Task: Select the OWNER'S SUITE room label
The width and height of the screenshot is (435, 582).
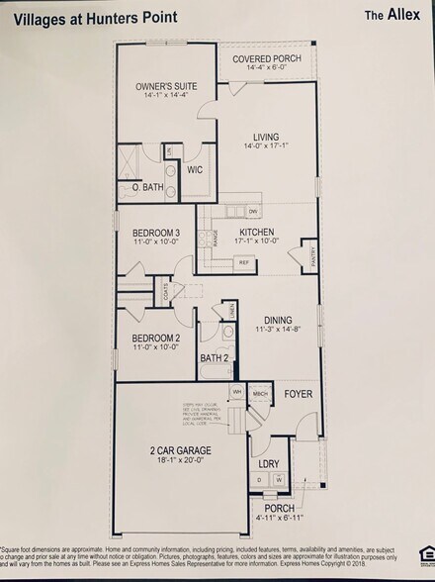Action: click(x=164, y=86)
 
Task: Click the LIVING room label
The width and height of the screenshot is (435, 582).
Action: click(x=266, y=137)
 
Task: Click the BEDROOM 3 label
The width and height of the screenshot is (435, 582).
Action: click(x=155, y=233)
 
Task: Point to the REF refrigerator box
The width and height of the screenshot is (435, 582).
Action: click(x=242, y=262)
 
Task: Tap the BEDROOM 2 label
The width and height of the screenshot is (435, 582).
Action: click(x=155, y=338)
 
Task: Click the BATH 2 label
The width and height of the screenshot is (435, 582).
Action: click(x=215, y=357)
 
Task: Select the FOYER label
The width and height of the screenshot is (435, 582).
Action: click(x=298, y=394)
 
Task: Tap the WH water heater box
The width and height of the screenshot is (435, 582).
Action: click(x=237, y=392)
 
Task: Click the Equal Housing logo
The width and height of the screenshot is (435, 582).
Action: click(x=426, y=550)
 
